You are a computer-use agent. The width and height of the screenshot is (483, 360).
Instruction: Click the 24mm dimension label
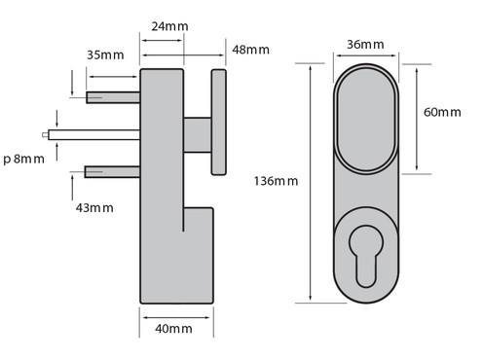(169, 26)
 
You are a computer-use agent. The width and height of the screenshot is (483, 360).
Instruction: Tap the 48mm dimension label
(250, 50)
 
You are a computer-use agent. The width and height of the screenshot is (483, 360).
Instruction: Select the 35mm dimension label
(105, 55)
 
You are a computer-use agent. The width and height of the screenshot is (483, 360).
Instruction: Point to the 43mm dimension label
(94, 208)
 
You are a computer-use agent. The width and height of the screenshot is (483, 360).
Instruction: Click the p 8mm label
(23, 160)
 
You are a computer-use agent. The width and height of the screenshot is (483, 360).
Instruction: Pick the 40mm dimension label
(173, 329)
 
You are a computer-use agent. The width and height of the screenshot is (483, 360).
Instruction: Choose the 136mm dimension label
(276, 181)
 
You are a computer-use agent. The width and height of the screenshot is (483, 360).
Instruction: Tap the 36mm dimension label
(365, 45)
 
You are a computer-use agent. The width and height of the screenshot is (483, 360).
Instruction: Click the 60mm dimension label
(442, 112)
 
